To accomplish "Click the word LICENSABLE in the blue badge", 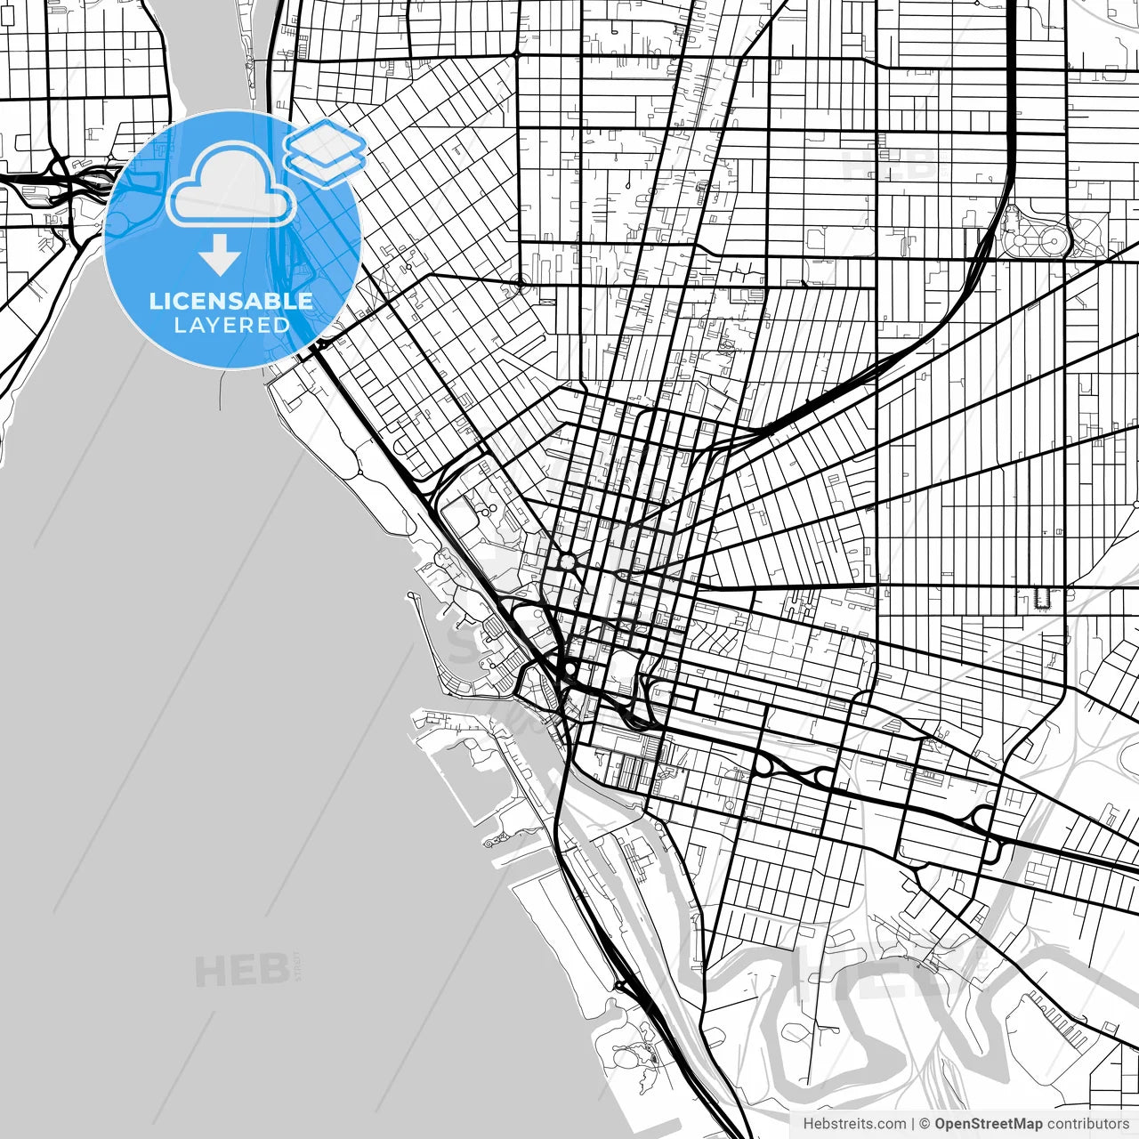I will pos(231,301).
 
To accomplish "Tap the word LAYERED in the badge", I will pos(231,325).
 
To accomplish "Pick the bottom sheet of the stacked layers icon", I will pos(326,166).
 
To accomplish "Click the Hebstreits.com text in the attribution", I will pos(855,1124).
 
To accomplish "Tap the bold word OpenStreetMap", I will pos(989,1124).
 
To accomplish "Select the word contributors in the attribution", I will pos(1087,1124).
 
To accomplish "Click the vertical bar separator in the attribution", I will pos(913,1124).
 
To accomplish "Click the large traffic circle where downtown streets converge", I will pos(567,561).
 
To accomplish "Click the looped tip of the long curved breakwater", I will pos(412,595).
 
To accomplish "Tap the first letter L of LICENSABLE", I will pos(155,301).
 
